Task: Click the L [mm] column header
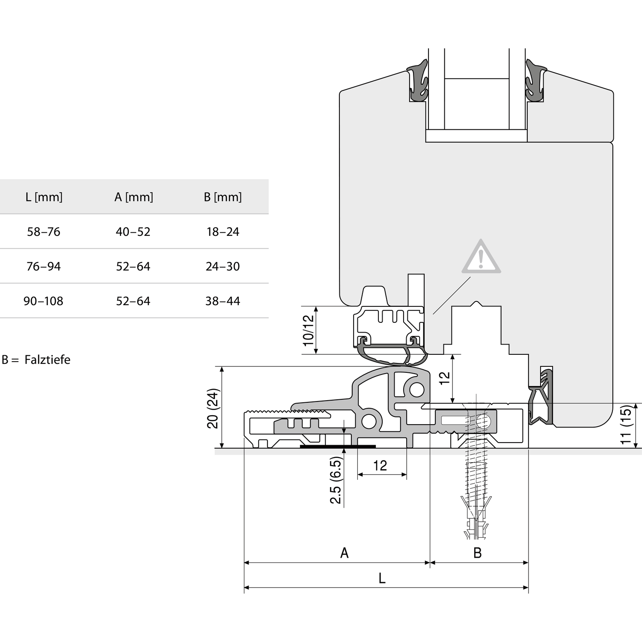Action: [x=44, y=197]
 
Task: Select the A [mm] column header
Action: [x=134, y=197]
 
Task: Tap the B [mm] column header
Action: [x=223, y=197]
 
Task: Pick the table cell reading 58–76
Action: [x=44, y=232]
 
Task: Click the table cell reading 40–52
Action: [x=133, y=232]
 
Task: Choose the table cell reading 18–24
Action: [x=223, y=232]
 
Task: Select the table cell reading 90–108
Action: [x=43, y=301]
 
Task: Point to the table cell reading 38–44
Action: [x=223, y=301]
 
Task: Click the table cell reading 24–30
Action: [x=223, y=267]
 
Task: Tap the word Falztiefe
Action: [x=48, y=360]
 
